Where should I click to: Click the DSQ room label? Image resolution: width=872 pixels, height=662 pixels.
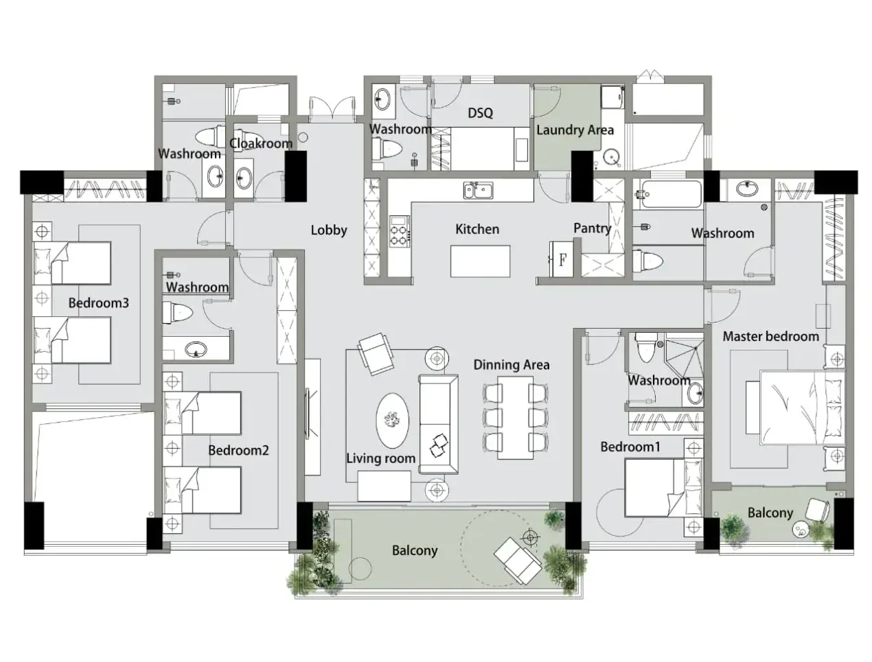pyautogui.click(x=480, y=113)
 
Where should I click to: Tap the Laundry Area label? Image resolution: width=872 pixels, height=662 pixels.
pyautogui.click(x=575, y=130)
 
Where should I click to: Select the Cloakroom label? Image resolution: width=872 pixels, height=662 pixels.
pyautogui.click(x=261, y=143)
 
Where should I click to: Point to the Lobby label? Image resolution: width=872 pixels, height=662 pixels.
pyautogui.click(x=328, y=230)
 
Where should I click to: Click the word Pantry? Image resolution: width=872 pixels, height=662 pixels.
pyautogui.click(x=592, y=228)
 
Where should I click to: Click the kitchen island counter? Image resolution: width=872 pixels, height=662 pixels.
pyautogui.click(x=480, y=261)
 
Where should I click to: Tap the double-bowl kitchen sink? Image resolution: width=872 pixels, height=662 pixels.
pyautogui.click(x=479, y=190)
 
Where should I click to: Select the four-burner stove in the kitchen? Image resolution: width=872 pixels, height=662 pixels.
pyautogui.click(x=399, y=231)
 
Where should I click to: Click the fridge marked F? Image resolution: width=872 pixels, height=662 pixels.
pyautogui.click(x=562, y=259)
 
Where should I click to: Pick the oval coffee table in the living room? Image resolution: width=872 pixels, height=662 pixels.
pyautogui.click(x=393, y=421)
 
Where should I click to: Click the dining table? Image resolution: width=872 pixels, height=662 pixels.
pyautogui.click(x=515, y=418)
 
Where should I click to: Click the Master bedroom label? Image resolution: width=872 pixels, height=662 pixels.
pyautogui.click(x=770, y=337)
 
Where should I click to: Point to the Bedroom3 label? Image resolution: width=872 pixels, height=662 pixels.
pyautogui.click(x=98, y=303)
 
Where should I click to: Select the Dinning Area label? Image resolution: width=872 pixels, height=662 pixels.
pyautogui.click(x=512, y=365)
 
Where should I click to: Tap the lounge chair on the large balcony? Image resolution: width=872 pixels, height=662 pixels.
pyautogui.click(x=517, y=560)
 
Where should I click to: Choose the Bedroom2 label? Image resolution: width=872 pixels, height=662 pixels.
pyautogui.click(x=238, y=451)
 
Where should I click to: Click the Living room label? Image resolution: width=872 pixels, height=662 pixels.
pyautogui.click(x=380, y=458)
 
